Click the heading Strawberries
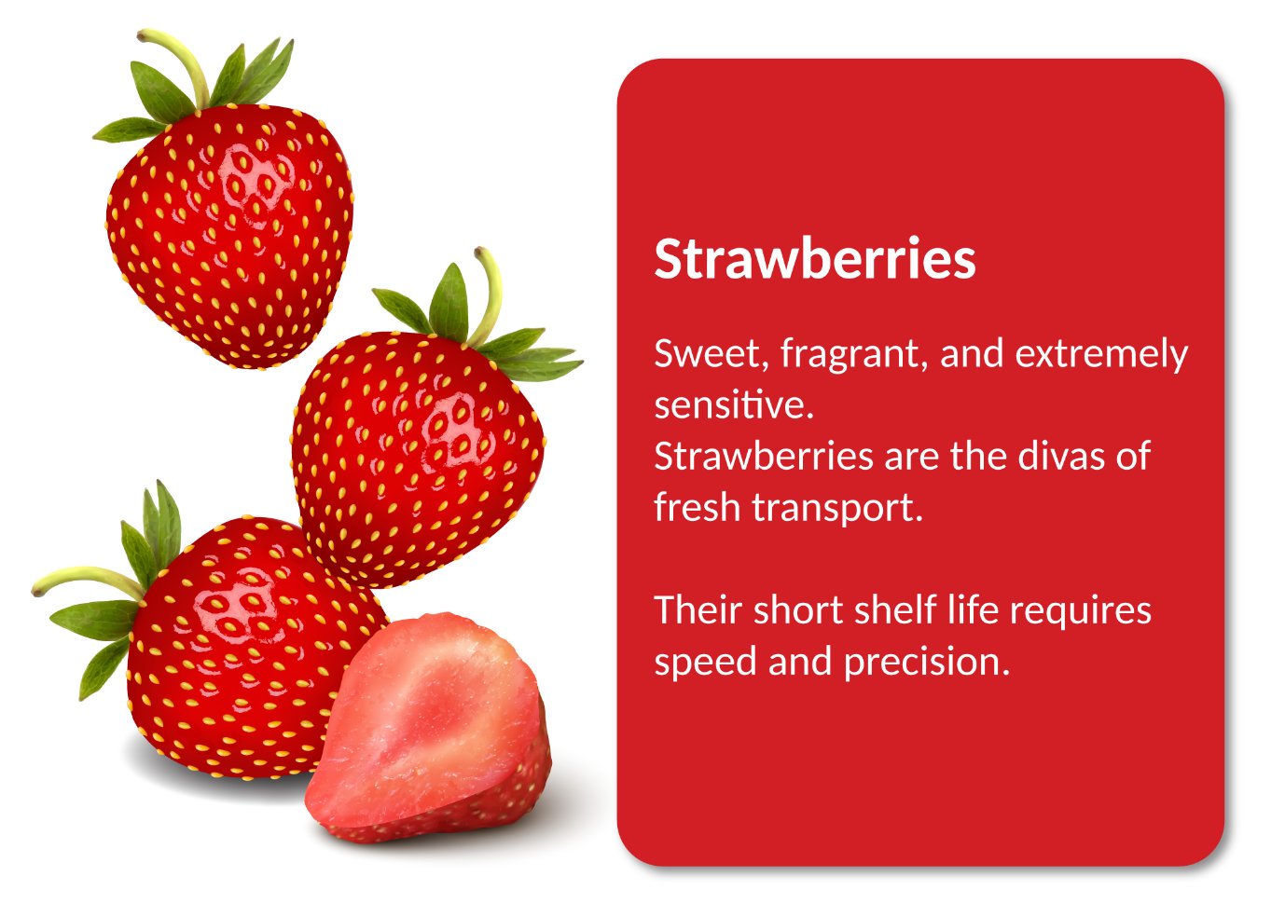[815, 259]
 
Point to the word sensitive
[734, 404]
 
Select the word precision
[927, 663]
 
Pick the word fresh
[697, 507]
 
